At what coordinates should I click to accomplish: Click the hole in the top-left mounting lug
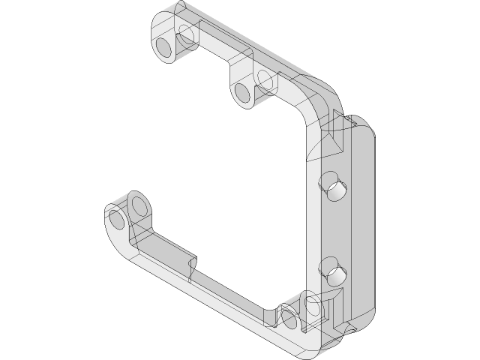pyautogui.click(x=163, y=49)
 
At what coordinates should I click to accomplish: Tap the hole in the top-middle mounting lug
pyautogui.click(x=241, y=93)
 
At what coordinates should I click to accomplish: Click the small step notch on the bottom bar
pyautogui.click(x=193, y=264)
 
